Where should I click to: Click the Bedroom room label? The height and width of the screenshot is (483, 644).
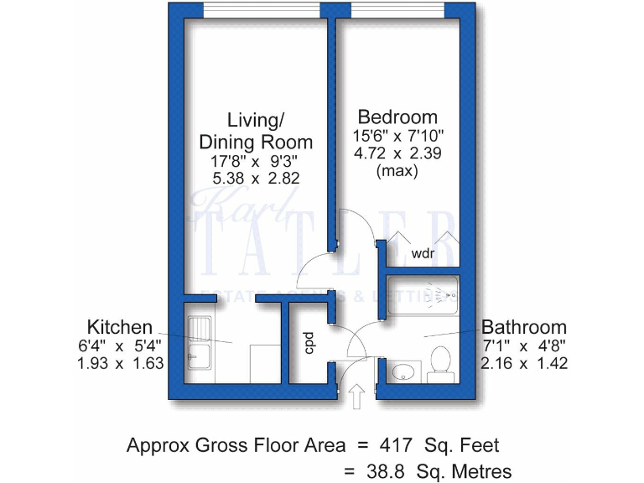[x=397, y=117]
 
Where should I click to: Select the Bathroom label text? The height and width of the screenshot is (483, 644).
[x=524, y=327]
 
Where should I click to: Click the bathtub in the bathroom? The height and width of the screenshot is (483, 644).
[x=423, y=295]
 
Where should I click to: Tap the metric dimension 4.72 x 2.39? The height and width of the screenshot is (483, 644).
[x=397, y=153]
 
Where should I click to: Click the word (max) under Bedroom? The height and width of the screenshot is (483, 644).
[x=397, y=171]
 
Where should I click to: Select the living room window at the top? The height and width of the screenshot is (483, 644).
[x=256, y=10]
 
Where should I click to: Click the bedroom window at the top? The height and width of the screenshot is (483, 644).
[x=397, y=10]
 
